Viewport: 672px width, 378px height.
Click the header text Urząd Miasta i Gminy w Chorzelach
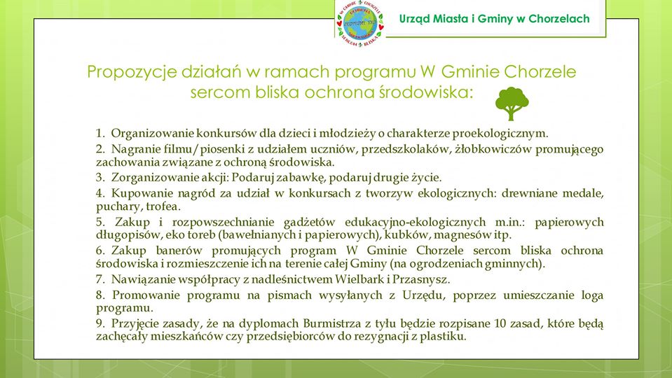coord(494,19)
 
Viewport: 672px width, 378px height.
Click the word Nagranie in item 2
coord(135,148)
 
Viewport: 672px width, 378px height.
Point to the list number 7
coord(100,279)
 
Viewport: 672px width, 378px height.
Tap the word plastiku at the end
coord(444,337)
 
